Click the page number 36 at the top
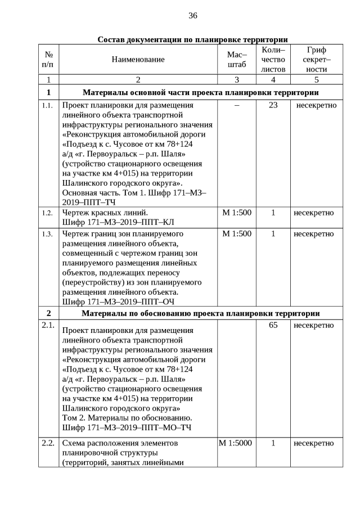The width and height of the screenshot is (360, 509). [x=192, y=15]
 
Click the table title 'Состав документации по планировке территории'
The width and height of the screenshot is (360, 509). [x=192, y=39]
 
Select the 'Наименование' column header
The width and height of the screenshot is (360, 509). [x=138, y=60]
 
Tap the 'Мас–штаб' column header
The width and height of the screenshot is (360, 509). [x=236, y=60]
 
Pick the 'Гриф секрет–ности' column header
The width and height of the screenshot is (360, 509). [x=316, y=60]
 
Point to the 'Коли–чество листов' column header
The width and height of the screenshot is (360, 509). [x=273, y=60]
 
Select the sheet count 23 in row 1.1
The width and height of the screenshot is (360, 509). [x=273, y=105]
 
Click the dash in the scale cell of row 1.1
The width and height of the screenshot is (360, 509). [x=236, y=105]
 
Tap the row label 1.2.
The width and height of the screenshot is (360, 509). [x=47, y=213]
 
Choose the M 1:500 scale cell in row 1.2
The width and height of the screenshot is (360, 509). [x=236, y=213]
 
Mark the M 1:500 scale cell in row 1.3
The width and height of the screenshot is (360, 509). [x=236, y=233]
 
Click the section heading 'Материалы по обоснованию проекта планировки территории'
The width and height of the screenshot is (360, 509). [x=201, y=313]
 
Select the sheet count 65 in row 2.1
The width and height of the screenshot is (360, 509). [x=273, y=325]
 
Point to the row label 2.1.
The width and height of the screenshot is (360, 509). [x=48, y=325]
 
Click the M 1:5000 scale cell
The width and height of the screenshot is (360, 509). [x=236, y=443]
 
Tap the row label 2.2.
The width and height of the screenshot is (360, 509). [x=48, y=443]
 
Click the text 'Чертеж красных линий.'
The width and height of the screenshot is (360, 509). [x=105, y=213]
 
